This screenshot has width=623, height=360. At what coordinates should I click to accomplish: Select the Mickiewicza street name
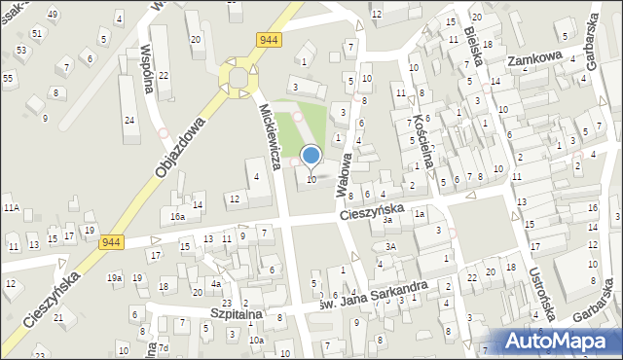(270, 135)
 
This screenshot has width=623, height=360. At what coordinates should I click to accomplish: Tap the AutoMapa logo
(559, 341)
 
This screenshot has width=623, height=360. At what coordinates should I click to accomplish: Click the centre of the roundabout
(239, 76)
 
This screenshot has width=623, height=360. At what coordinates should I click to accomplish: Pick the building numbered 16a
(178, 217)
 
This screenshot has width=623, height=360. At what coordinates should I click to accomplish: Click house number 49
(52, 14)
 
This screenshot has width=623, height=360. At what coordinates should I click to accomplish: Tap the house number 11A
(11, 208)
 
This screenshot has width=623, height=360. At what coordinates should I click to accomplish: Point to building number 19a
(115, 278)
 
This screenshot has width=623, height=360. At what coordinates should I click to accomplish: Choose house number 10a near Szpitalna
(256, 341)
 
